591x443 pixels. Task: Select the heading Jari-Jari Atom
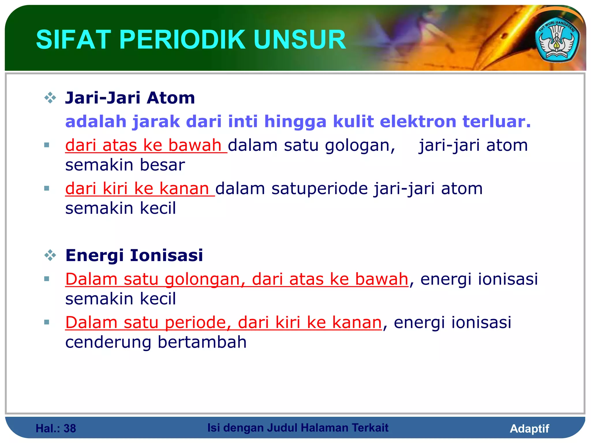coord(130,98)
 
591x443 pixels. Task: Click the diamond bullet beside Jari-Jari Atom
coord(50,98)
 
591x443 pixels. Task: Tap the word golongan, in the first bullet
coord(360,146)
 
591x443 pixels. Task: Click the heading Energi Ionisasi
coord(134,256)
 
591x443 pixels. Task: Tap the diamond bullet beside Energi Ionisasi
coord(50,255)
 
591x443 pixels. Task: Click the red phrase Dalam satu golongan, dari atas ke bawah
coord(237,279)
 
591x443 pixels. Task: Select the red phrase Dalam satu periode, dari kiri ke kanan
coord(223,323)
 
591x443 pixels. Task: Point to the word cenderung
coord(108,343)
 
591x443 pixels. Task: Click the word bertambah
coord(202,342)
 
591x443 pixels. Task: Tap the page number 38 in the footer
coord(70,429)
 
